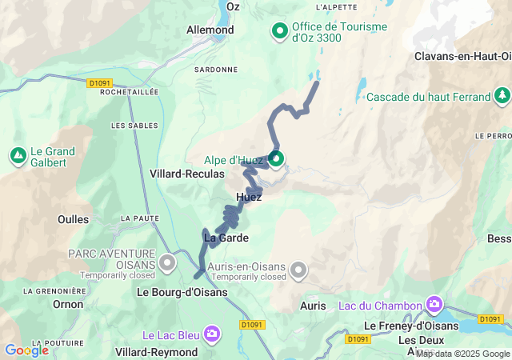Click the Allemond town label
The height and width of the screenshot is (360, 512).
click(210, 30)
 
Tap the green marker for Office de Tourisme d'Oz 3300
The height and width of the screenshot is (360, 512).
click(280, 31)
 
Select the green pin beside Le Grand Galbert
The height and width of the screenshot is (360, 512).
click(18, 154)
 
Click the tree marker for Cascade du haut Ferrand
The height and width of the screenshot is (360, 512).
click(502, 97)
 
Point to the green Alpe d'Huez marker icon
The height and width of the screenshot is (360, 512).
click(276, 159)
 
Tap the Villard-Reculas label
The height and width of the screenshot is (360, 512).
click(186, 173)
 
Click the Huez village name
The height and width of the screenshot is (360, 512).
click(249, 197)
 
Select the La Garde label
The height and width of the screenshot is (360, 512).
click(226, 238)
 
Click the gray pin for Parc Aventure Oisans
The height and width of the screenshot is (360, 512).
click(167, 262)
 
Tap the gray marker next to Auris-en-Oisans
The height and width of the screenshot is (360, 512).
click(299, 270)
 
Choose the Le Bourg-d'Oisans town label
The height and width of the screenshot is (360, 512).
click(182, 292)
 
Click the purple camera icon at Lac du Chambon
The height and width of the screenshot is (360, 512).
click(434, 304)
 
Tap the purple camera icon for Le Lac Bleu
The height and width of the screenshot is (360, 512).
click(212, 333)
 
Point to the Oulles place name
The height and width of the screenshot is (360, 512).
click(74, 218)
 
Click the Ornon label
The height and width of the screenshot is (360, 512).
click(67, 304)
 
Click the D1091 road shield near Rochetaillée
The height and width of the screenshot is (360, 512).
click(98, 82)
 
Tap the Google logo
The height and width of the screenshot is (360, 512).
click(26, 350)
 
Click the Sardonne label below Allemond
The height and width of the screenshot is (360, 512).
click(216, 70)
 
